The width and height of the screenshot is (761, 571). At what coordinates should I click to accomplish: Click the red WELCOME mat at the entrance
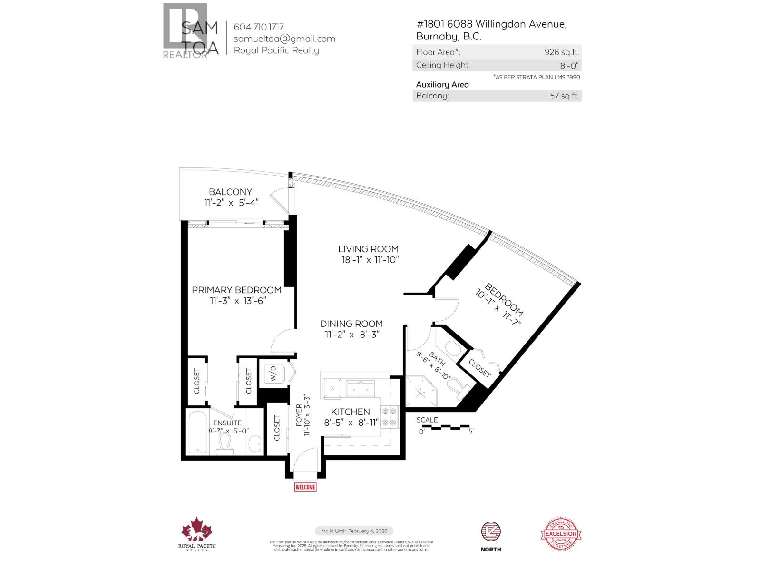[305, 487]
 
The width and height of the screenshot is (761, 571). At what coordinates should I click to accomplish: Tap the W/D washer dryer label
[273, 374]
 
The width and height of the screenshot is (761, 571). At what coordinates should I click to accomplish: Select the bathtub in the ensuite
[197, 431]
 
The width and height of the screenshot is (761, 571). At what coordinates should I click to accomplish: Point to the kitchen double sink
[360, 388]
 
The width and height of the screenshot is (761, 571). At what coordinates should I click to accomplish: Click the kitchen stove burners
[389, 416]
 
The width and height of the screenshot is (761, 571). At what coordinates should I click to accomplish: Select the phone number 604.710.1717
[259, 27]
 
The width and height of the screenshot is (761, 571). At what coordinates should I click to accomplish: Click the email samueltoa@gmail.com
[284, 39]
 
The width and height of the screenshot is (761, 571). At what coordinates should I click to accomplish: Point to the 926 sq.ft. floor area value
[562, 52]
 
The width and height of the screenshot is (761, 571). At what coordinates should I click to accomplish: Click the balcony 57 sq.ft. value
[564, 96]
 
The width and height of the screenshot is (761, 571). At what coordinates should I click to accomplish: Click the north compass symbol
[491, 532]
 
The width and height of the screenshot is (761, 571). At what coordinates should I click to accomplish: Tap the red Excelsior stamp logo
[561, 534]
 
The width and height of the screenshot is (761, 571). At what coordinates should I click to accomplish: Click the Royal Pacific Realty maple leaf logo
[197, 530]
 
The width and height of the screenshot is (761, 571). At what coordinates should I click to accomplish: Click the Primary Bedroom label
[236, 290]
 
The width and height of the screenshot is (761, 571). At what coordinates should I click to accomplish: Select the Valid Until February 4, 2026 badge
[354, 531]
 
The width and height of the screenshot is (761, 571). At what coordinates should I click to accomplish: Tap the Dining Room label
[351, 324]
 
